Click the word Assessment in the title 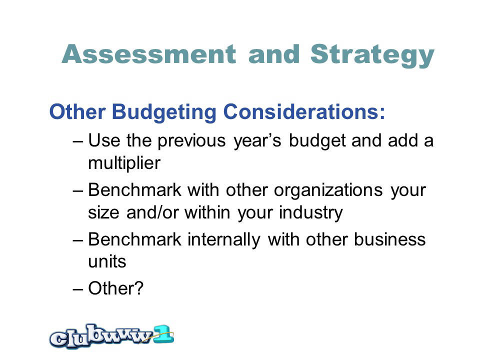[149, 54]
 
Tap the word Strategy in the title [372, 55]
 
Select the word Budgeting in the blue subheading [164, 112]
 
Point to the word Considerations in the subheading [304, 111]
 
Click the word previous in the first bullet [191, 141]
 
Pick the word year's [257, 142]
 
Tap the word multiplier [124, 163]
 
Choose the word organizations [328, 191]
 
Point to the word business [389, 239]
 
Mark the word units [107, 261]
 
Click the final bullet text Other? [115, 288]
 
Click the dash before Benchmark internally [78, 240]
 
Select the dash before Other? [78, 289]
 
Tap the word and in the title [274, 54]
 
